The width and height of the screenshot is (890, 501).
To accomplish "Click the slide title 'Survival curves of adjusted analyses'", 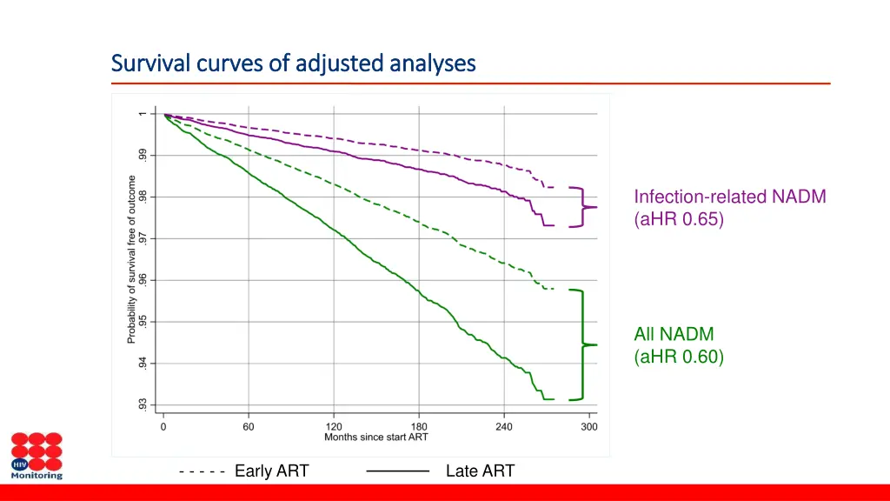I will pos(294,63).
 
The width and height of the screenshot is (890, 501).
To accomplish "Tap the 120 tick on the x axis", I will pos(334,426).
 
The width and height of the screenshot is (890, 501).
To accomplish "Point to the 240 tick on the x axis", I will pos(504,426).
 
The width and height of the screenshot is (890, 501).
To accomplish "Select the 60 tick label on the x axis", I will pos(249,426).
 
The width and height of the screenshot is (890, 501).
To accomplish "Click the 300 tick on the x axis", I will pos(589,426).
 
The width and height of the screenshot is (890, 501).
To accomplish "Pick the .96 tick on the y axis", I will pos(142,280).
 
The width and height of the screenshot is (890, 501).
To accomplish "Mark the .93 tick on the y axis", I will pos(142,404).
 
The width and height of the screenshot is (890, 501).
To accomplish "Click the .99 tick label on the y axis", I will pos(142,155).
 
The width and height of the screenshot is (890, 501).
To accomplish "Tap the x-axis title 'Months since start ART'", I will pos(375,437).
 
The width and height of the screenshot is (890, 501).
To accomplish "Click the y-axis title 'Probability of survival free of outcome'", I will pos(132,259).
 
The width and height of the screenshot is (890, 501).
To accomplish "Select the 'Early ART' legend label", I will pos(271,471).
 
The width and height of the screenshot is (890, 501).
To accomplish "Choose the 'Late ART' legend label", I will pos(480,471).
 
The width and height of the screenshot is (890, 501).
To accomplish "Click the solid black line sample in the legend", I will pos(398,471).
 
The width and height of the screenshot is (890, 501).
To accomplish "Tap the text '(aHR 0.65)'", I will pos(679,219).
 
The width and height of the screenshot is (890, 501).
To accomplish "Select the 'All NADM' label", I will pos(674,334).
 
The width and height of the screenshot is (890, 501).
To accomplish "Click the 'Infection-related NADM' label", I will pos(730,197).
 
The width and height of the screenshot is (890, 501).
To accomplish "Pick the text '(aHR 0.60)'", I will pos(679,357).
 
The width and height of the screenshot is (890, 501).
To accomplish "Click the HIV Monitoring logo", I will pos(37,456).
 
